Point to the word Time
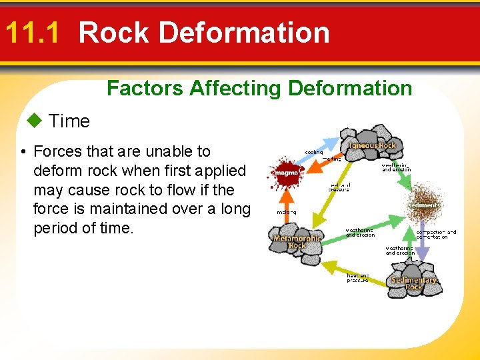[x=69, y=121]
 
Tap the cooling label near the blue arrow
[x=314, y=152]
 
